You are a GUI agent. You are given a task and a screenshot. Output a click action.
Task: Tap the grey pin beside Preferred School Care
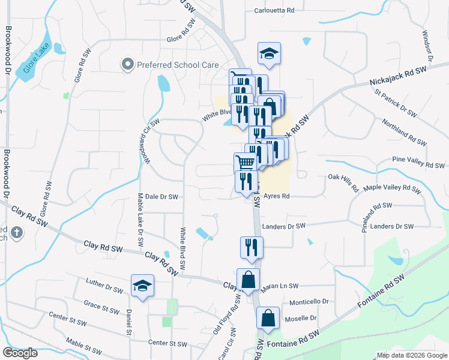(x=127, y=64)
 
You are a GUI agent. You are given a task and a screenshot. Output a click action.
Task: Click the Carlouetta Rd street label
(x=274, y=10)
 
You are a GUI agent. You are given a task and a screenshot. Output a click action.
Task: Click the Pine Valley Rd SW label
(x=418, y=162)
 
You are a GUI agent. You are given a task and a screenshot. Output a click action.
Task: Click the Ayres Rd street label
(x=277, y=196)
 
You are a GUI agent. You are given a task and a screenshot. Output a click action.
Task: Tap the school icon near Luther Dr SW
(x=142, y=286)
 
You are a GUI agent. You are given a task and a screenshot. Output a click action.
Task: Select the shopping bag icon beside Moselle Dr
(x=268, y=318)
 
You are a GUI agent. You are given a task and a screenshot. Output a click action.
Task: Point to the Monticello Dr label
(x=310, y=302)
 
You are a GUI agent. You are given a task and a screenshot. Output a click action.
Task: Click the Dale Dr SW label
(x=161, y=196)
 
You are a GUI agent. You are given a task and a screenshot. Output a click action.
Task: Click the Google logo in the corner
(x=20, y=353)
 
